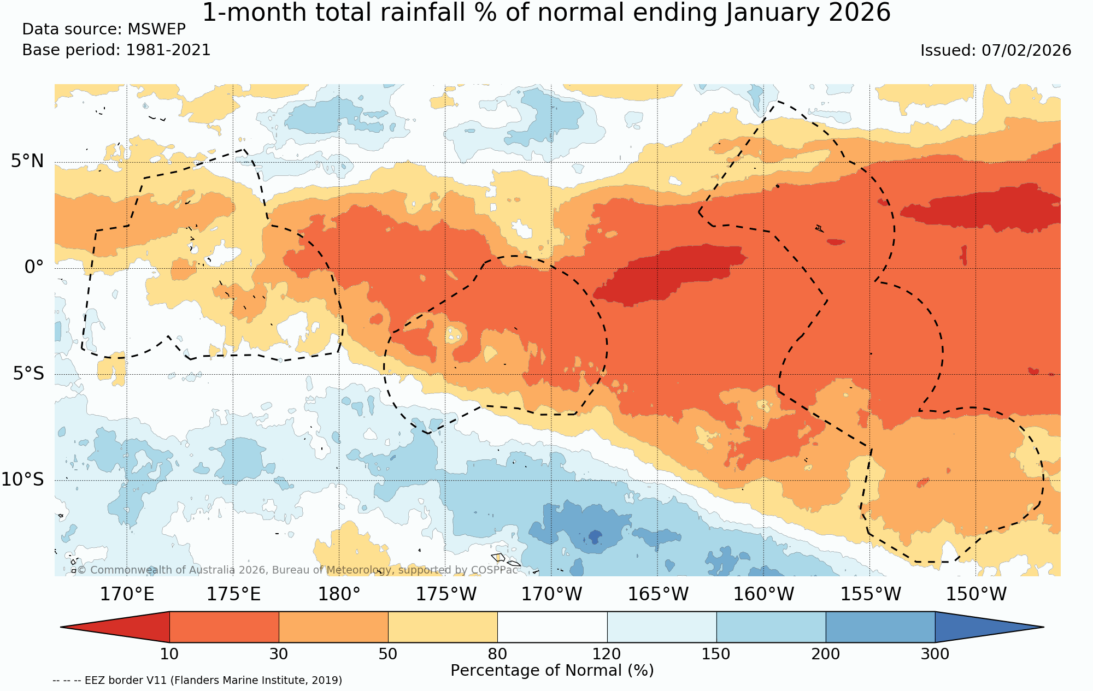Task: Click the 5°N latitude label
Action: pos(27,161)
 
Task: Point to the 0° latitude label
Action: pos(34,267)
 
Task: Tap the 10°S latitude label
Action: pos(22,480)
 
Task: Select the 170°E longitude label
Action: pos(127,594)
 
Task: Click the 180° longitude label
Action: pos(339,594)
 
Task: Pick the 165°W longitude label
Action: pos(657,594)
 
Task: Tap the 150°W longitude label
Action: pos(976,594)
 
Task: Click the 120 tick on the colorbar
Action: pos(607,654)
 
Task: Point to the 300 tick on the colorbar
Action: pos(935,654)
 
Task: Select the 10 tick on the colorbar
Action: pos(169,654)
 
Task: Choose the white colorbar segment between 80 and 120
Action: pos(552,627)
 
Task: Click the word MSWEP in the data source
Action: pos(156,29)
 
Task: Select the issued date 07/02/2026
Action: pos(1026,50)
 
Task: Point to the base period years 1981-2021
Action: pos(168,50)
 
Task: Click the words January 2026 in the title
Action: pos(808,13)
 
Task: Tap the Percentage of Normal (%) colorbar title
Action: pos(552,671)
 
